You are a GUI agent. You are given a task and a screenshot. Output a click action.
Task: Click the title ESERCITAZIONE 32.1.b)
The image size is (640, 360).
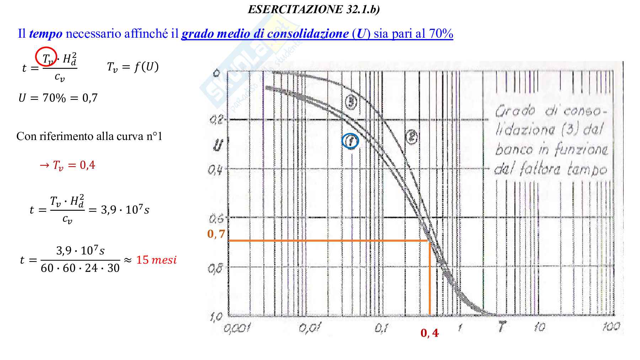pos(314,9)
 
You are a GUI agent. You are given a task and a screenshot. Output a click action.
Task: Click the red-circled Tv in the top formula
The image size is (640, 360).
pos(47,58)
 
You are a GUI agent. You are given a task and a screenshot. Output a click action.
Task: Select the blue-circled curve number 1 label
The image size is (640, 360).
pos(350,141)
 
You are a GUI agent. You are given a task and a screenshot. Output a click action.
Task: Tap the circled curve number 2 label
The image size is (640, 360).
pos(411,137)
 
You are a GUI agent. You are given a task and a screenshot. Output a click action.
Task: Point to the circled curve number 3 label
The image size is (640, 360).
pos(351,103)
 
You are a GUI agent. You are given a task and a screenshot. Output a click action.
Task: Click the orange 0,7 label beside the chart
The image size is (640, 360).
pos(216,234)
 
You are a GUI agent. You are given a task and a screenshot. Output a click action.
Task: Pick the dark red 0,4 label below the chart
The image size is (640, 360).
pos(430,333)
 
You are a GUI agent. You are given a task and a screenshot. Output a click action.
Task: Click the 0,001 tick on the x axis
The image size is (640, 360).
pos(237,328)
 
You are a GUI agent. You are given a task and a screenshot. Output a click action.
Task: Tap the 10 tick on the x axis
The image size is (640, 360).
pos(539,327)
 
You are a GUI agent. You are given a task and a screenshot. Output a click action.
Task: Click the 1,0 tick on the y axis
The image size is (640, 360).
pos(216,316)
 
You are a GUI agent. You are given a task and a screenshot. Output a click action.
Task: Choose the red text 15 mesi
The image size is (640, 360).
pos(156,260)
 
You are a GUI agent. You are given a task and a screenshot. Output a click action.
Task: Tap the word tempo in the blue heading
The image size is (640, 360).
pos(46,34)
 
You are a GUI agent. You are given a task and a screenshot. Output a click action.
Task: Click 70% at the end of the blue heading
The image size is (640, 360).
pos(441,34)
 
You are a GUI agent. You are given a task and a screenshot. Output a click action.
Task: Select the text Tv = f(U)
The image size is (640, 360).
pos(133,67)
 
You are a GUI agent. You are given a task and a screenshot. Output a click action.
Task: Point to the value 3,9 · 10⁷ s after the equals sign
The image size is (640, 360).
pos(125,210)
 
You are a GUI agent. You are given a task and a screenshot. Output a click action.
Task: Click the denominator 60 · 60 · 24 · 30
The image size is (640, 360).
pos(80,268)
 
